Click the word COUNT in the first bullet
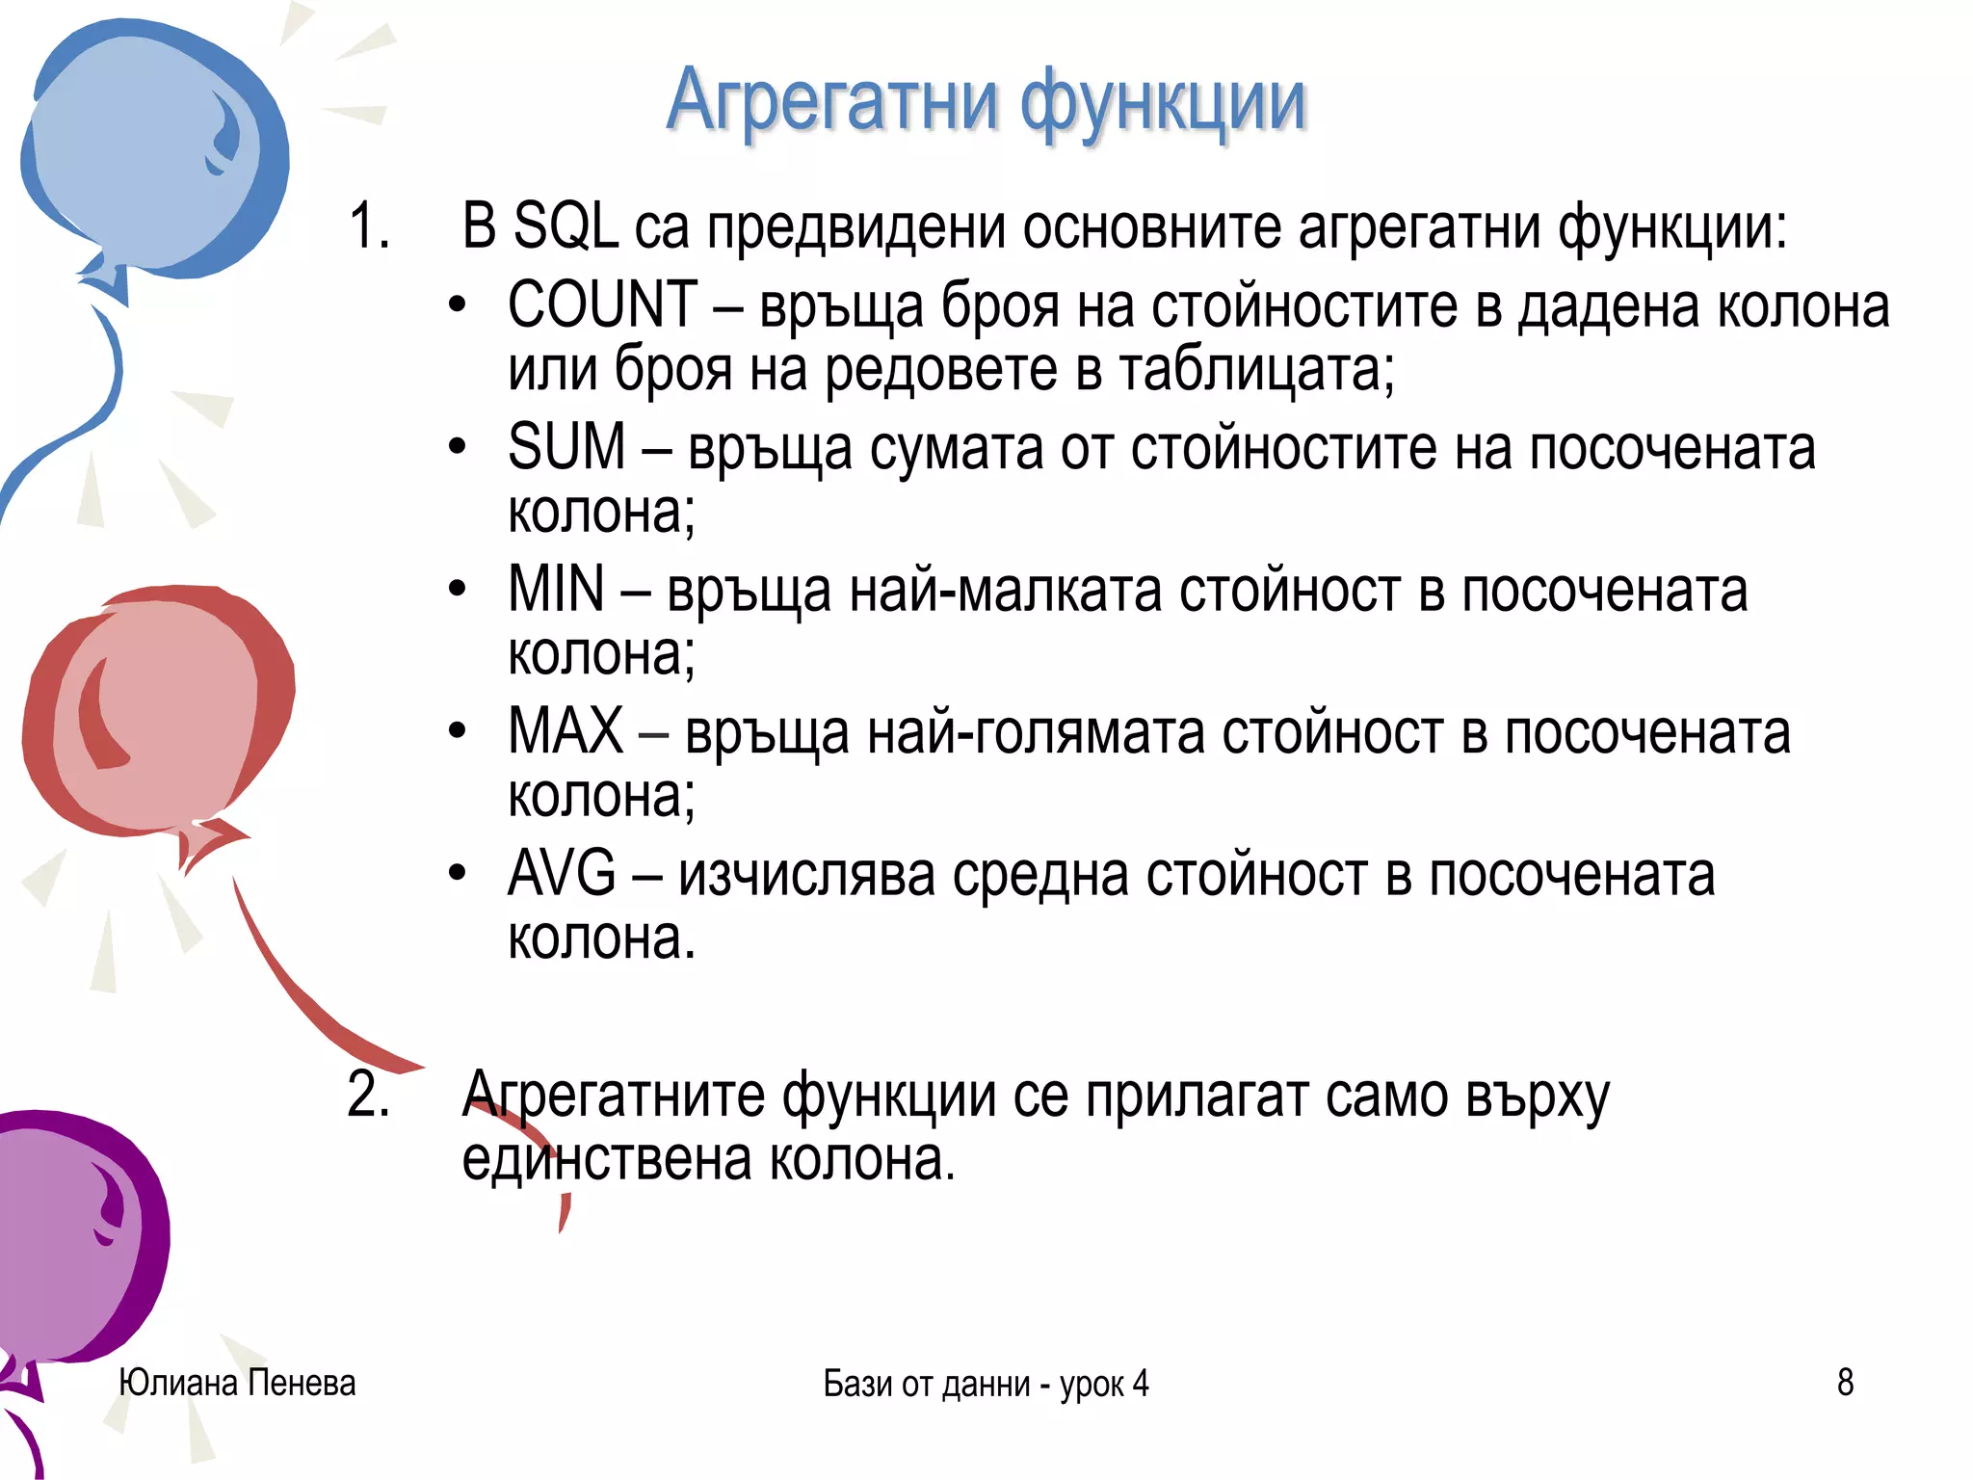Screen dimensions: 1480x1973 602,305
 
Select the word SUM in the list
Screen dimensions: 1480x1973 566,448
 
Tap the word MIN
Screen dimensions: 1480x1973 556,590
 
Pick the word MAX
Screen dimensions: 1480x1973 566,731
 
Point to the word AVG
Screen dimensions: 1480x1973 562,874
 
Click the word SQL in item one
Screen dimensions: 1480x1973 566,228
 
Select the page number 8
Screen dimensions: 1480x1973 1845,1383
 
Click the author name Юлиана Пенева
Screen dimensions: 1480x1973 237,1383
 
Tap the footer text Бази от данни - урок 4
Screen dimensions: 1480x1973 986,1384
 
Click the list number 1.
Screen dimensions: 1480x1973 368,228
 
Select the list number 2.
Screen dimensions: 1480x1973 368,1096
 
